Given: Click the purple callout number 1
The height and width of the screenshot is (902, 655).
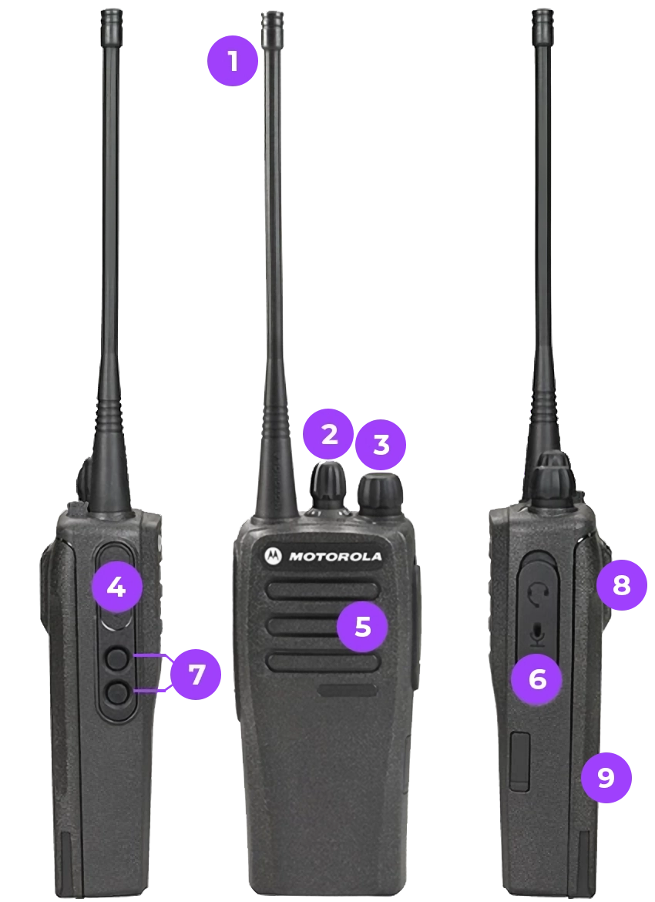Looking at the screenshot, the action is pos(233,60).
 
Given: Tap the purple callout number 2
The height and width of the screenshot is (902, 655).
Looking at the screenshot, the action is pos(328,434).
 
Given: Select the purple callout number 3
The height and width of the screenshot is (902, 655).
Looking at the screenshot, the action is pos(381,445).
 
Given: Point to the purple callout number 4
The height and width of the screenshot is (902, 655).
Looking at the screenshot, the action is pos(116,587).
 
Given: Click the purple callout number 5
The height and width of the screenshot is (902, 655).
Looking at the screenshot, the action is pos(362,627).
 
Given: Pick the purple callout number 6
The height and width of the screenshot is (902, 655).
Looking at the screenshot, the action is pos(537,679).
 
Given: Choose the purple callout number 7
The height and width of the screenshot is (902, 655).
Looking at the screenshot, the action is pos(196,674).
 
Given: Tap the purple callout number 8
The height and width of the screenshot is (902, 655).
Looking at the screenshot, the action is pos(622,585).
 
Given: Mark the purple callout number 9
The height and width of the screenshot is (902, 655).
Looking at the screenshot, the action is pos(606,777).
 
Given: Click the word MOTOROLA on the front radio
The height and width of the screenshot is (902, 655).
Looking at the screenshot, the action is pos(335,557).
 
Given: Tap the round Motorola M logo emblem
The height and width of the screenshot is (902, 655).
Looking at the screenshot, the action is pos(273,556).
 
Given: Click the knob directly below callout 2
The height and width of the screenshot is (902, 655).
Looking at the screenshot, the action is pos(328,486).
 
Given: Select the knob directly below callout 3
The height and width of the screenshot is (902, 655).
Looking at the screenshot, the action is pos(380,494).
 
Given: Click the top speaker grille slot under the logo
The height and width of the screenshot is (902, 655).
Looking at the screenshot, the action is pos(323,591).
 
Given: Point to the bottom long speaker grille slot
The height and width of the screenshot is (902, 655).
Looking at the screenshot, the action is pos(323,662).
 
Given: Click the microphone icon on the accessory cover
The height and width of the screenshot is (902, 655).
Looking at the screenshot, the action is pos(538,635).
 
